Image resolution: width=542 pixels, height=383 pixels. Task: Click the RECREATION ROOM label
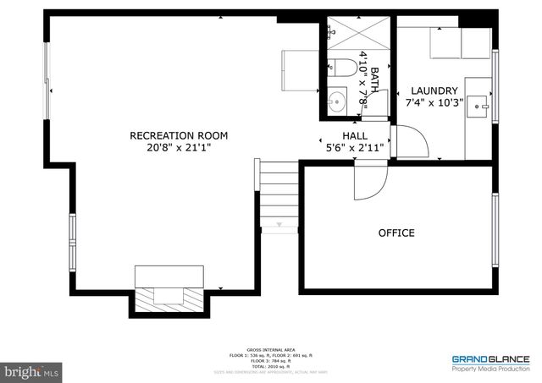tap(167, 135)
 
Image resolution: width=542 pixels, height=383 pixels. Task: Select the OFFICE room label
tap(396, 233)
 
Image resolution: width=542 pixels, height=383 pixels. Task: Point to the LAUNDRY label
tap(434, 91)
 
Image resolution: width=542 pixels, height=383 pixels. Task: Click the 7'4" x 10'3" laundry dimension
tap(434, 103)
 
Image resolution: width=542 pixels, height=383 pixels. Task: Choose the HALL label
tap(355, 135)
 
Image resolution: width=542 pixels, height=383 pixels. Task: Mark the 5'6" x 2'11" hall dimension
tap(355, 147)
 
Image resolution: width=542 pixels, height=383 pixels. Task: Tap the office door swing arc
tap(371, 182)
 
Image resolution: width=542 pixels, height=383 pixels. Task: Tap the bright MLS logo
tap(33, 370)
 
